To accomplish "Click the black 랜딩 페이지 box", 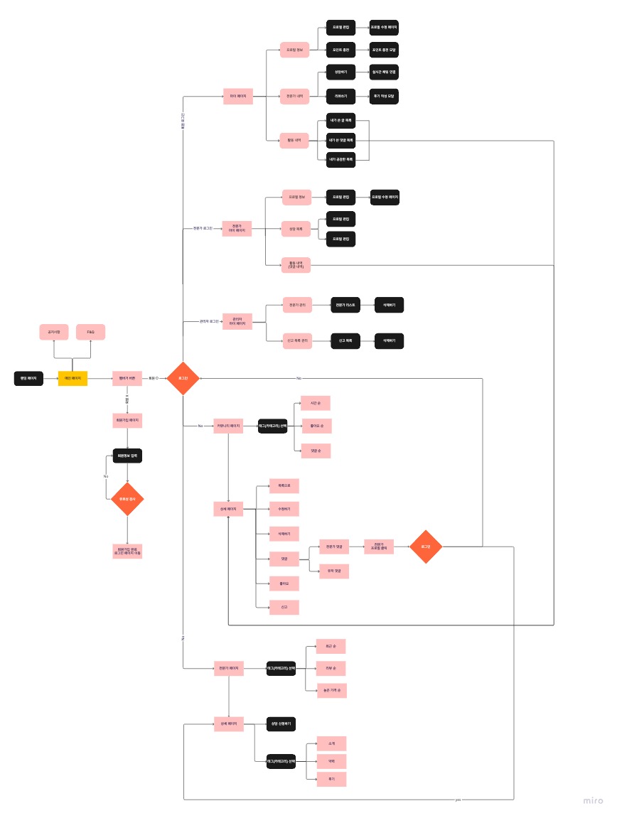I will pos(29,379).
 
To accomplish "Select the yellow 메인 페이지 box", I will pos(73,379).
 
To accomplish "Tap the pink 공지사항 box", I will pos(54,332).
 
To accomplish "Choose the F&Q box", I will pos(91,332).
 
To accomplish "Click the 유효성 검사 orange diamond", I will pos(127,499).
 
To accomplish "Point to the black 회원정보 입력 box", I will pos(127,456).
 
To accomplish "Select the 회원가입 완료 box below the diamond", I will pos(127,551).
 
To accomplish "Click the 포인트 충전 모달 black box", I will pos(384,50).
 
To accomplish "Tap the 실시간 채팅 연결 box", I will pos(384,72).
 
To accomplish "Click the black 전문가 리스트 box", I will pos(345,304).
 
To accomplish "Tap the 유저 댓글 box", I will pos(333,571).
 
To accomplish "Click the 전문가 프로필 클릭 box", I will pos(379,547).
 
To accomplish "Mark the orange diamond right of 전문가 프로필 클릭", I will pos(426,547).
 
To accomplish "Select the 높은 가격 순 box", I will pos(332,690).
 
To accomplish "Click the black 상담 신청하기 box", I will pos(281,723).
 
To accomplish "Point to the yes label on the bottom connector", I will pos(458,800).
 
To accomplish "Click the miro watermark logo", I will pos(593,800).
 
